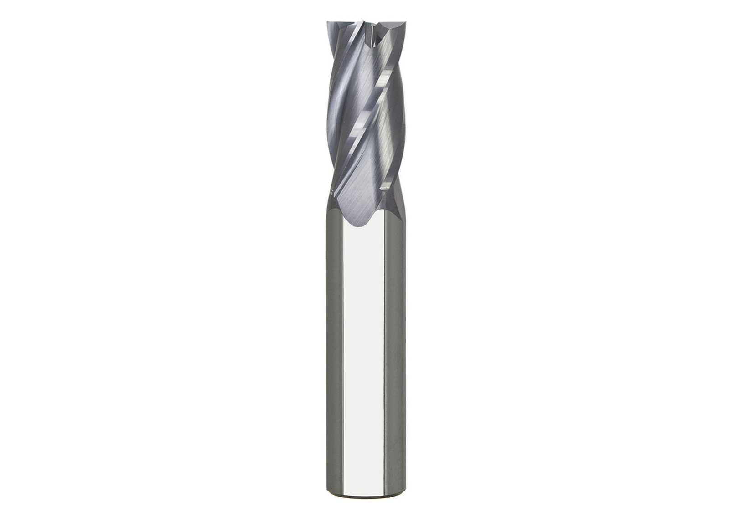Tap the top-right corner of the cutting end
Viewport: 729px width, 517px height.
[400, 23]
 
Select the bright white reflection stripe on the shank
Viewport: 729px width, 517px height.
[363, 355]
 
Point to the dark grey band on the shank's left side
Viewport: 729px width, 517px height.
[335, 355]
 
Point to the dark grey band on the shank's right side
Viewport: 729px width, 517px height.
[395, 355]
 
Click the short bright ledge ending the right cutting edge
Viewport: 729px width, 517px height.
[384, 186]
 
